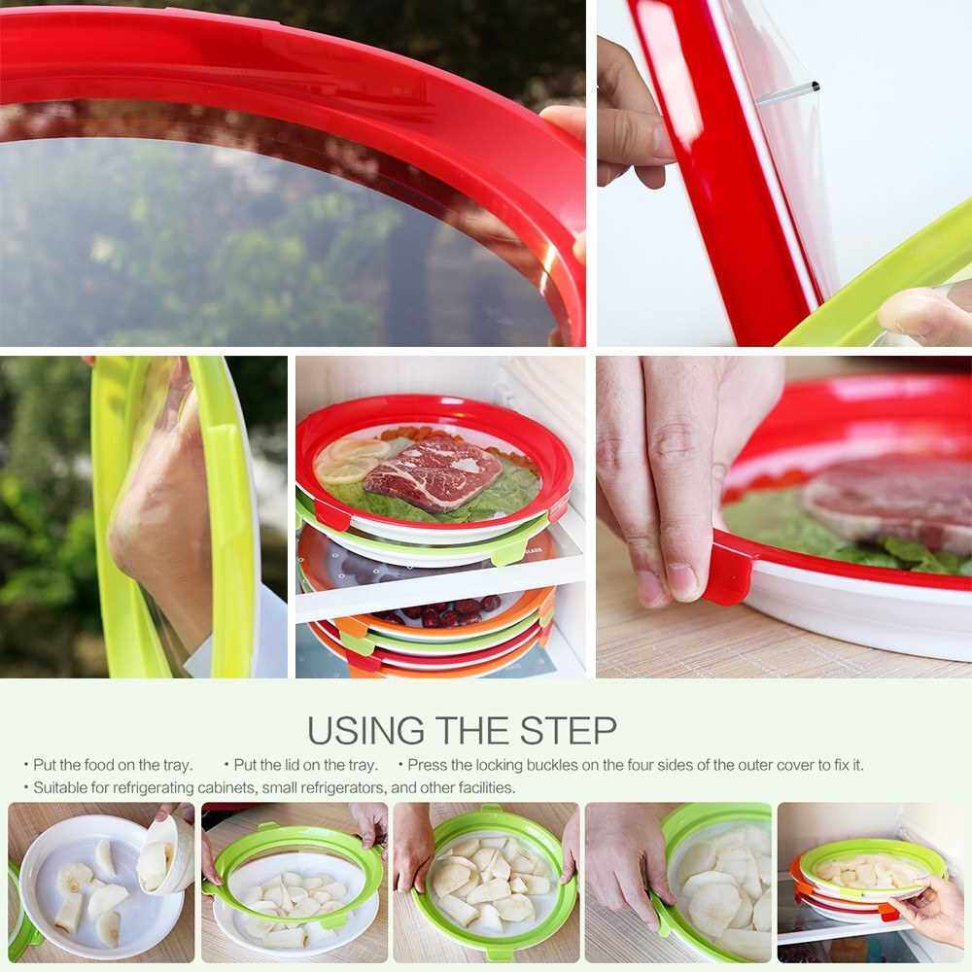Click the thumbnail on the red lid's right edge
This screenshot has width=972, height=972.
click(x=561, y=118)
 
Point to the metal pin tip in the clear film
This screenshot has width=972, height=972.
click(x=816, y=87)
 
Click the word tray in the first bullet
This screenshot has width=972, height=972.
click(x=177, y=766)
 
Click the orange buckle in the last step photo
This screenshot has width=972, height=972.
click(x=888, y=912)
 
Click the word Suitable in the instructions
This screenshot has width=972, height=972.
click(x=60, y=788)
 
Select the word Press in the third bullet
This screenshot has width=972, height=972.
click(x=428, y=765)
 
